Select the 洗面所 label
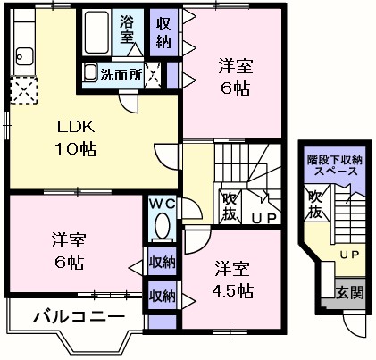pyautogui.click(x=121, y=75)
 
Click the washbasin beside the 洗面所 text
pyautogui.click(x=91, y=72)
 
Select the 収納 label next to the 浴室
pyautogui.click(x=163, y=31)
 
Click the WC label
pyautogui.click(x=162, y=204)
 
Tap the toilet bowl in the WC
pyautogui.click(x=162, y=229)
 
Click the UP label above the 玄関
pyautogui.click(x=350, y=254)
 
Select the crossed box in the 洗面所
pyautogui.click(x=154, y=74)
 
